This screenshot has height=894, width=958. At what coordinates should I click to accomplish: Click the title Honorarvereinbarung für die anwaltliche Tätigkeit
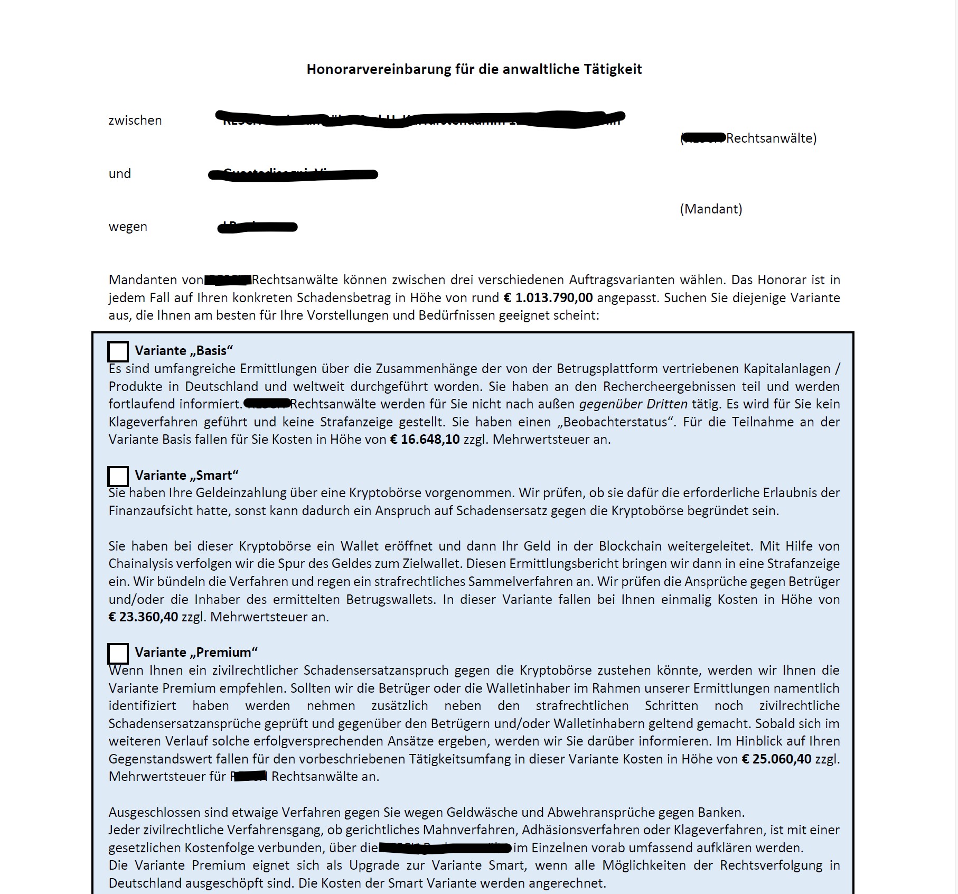[x=474, y=69]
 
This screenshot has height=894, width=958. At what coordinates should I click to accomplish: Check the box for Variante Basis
[x=118, y=351]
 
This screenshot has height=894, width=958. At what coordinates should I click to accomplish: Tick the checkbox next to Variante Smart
[x=118, y=476]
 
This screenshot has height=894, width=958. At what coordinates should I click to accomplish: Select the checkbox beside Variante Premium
[x=118, y=654]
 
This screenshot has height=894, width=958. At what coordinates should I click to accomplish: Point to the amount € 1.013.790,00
[x=548, y=298]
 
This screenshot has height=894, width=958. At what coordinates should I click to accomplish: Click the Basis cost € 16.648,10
[x=425, y=440]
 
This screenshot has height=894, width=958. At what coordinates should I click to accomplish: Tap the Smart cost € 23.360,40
[x=143, y=617]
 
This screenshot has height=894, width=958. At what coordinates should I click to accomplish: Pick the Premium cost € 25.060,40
[x=776, y=759]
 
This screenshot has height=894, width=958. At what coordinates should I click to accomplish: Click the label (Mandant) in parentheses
[x=711, y=209]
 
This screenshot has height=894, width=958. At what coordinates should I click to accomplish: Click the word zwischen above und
[x=135, y=120]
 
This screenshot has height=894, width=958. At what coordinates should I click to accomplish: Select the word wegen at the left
[x=128, y=227]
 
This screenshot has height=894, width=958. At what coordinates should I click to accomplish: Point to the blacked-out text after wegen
[x=258, y=227]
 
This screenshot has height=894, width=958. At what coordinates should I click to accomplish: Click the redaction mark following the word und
[x=293, y=174]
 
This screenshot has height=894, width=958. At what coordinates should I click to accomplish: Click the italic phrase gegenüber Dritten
[x=633, y=404]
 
